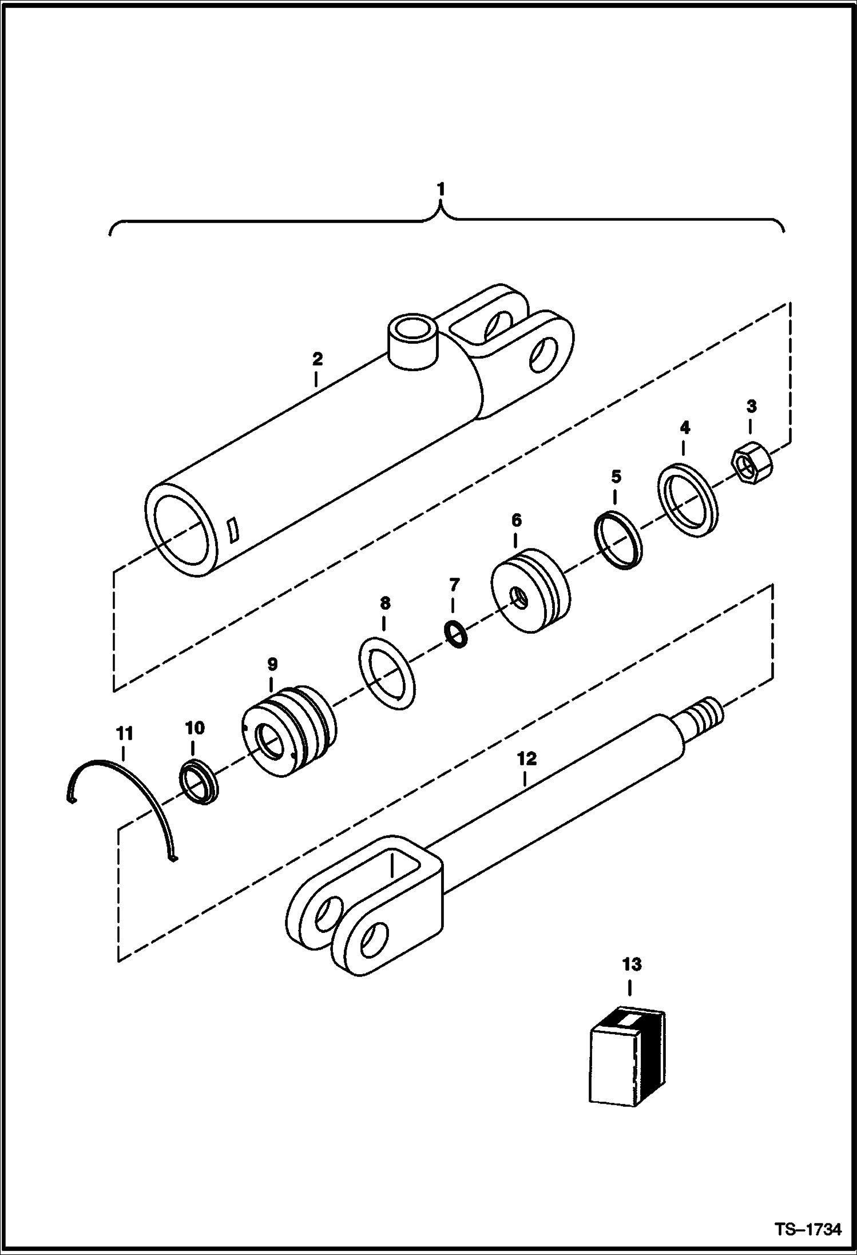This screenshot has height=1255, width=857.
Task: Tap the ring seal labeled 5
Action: [x=618, y=540]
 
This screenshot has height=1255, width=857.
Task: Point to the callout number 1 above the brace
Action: [x=440, y=189]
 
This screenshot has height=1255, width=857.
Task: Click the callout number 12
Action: [x=526, y=760]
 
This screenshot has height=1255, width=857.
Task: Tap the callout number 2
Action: [x=317, y=359]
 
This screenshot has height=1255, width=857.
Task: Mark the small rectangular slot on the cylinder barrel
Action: [x=233, y=530]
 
